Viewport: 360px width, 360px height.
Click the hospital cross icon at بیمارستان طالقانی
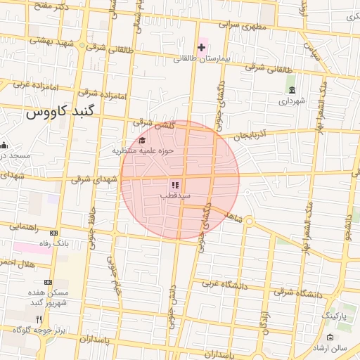[x=202, y=48]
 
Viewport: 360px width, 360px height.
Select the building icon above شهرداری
[x=292, y=90]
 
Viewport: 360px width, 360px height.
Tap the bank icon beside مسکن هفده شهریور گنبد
[x=48, y=282]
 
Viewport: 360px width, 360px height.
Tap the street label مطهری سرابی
[x=240, y=27]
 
